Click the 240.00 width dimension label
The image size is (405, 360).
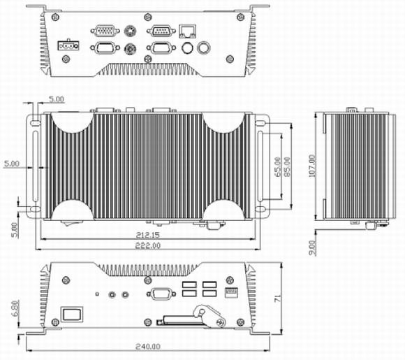point(148,346)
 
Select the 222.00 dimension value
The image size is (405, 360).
point(148,245)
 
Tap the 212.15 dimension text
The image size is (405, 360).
point(148,235)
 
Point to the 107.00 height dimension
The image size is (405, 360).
point(312,166)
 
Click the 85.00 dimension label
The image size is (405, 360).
point(287,167)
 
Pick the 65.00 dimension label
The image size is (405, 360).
point(278,167)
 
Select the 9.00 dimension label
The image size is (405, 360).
point(312,247)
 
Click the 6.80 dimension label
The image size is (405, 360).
point(15,308)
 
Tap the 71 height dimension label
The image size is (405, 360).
point(278,298)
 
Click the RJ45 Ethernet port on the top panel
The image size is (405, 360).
point(187,31)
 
